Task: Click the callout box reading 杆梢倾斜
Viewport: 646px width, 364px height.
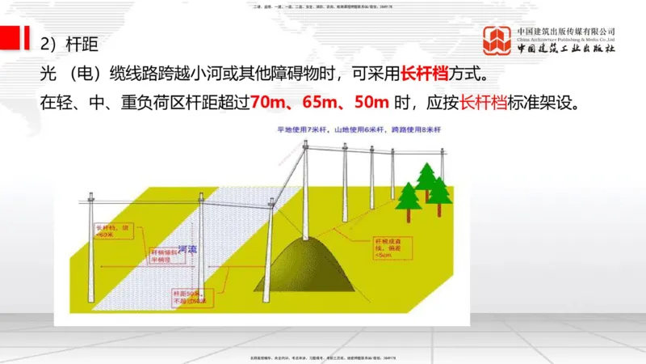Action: coord(161,256)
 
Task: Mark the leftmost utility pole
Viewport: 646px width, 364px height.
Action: coord(91,243)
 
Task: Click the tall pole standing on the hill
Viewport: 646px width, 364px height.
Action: coord(305,190)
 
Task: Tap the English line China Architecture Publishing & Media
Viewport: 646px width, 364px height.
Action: coord(566,38)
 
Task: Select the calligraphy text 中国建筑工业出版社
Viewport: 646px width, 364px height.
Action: coord(566,49)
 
